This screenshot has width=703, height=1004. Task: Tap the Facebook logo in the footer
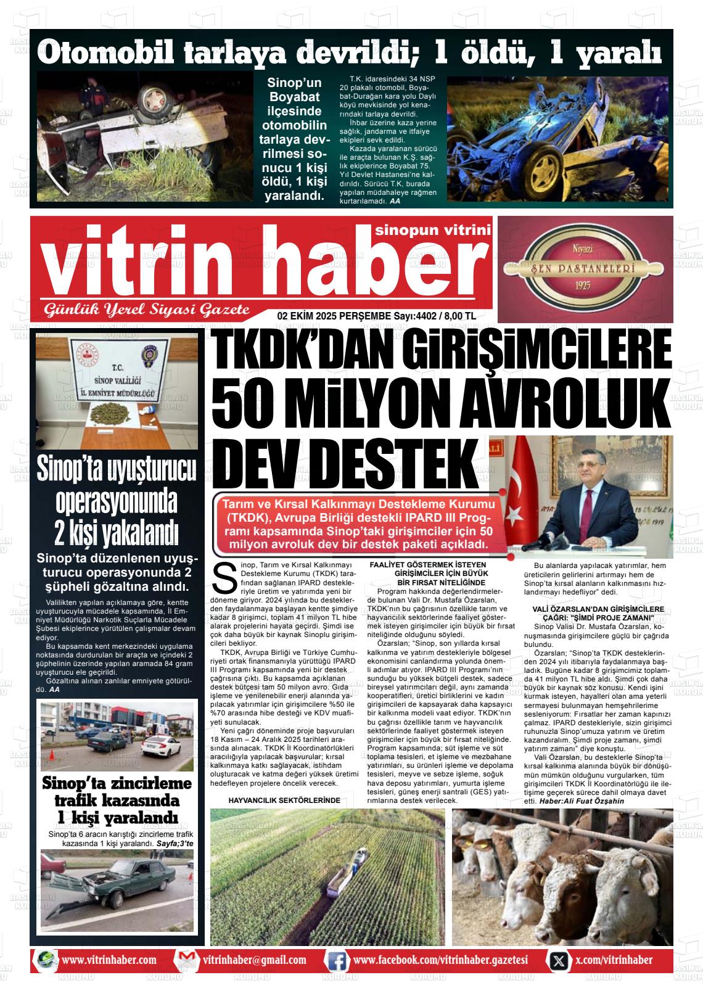(x=336, y=960)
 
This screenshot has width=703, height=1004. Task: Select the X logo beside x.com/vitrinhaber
(x=559, y=960)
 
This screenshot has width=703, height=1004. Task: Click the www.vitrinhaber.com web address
(x=109, y=960)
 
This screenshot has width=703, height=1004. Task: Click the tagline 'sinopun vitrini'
(x=432, y=230)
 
